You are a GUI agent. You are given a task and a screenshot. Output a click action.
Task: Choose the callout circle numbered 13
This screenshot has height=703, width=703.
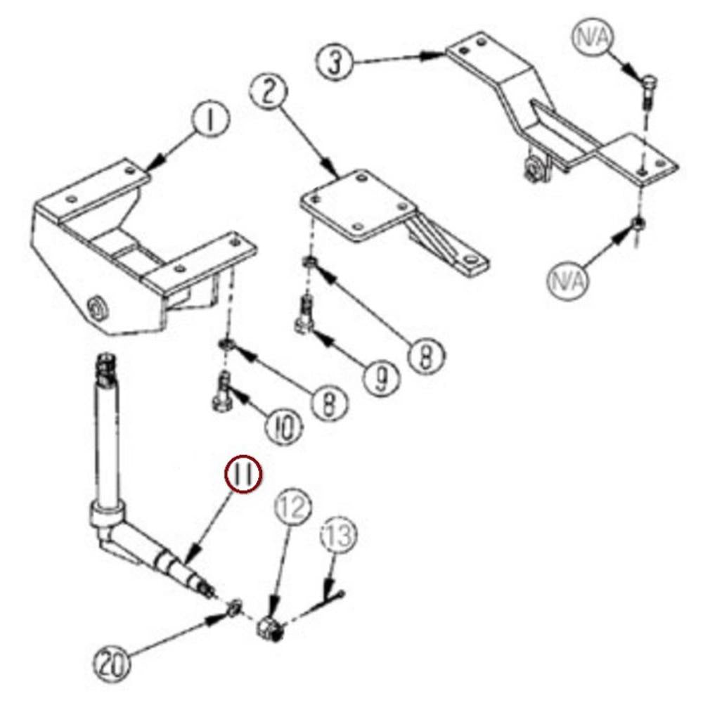(x=340, y=536)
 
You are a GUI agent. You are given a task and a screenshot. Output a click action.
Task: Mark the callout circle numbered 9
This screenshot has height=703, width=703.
(x=382, y=378)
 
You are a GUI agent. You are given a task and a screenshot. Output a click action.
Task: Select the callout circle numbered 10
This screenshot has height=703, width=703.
(x=284, y=427)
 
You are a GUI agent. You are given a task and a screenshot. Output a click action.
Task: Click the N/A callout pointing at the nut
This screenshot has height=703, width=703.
(x=567, y=282)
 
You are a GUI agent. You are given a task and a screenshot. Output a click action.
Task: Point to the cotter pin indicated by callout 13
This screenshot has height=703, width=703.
(x=332, y=600)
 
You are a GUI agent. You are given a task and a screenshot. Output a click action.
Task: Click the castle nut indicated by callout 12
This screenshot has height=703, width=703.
(x=271, y=628)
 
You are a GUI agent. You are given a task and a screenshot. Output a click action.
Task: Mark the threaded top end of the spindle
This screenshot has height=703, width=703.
(x=105, y=370)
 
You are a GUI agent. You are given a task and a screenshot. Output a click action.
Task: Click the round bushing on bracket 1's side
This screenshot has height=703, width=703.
(x=98, y=309)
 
